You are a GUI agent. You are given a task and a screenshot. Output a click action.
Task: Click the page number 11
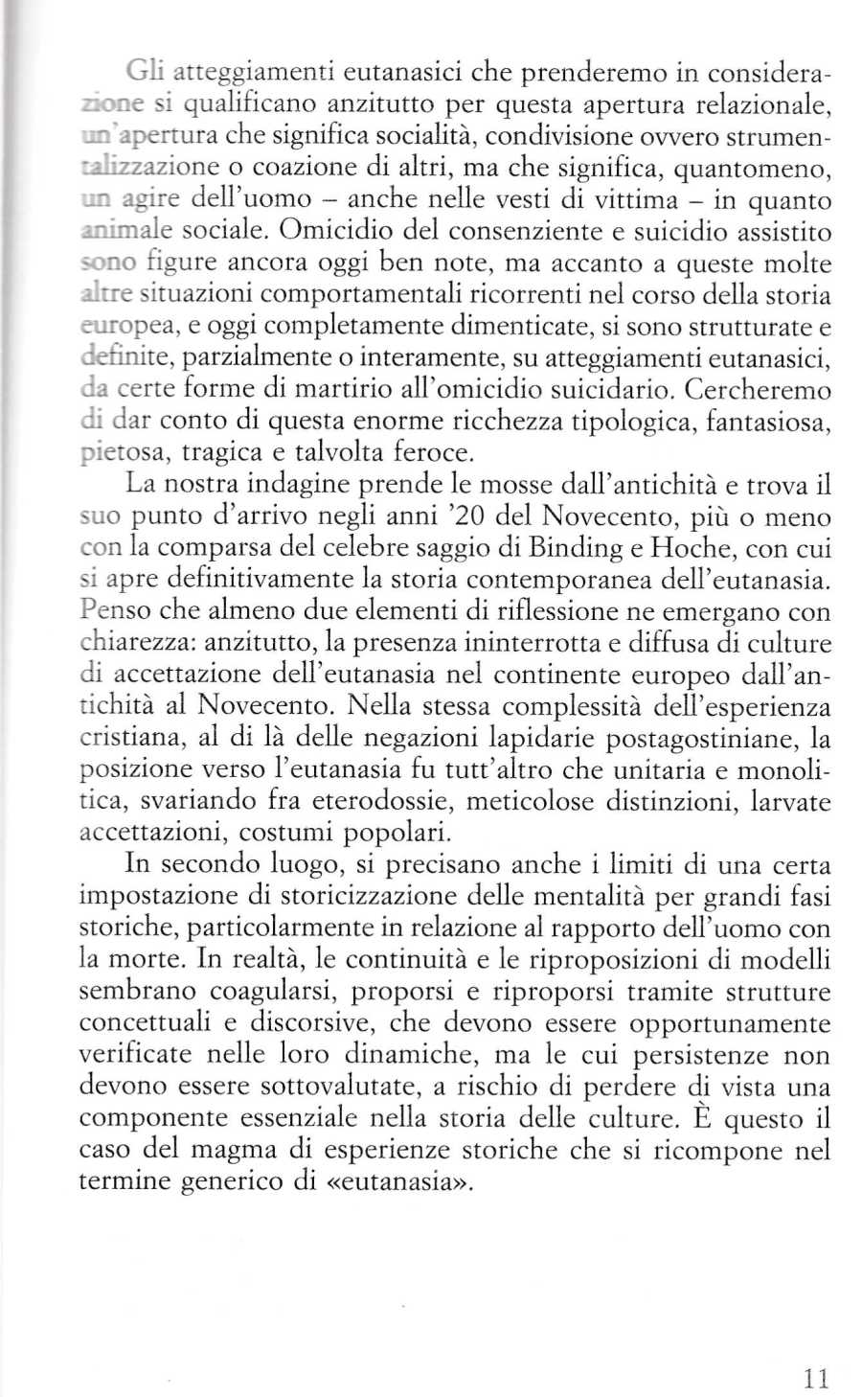816,1352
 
